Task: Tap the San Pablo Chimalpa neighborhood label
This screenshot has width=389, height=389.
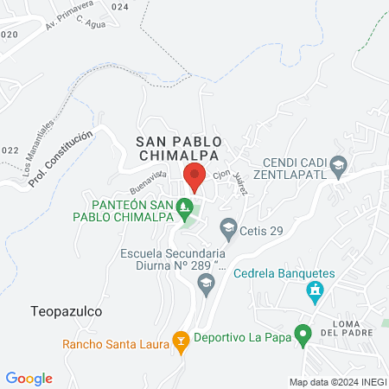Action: (x=179, y=148)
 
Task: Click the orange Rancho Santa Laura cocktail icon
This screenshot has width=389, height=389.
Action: (x=181, y=342)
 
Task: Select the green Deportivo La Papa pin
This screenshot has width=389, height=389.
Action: (x=303, y=334)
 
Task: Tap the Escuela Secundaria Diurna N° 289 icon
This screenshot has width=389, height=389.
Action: (x=206, y=283)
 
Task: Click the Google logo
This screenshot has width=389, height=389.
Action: (x=29, y=378)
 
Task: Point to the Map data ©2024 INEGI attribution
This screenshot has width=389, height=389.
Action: (x=337, y=382)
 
